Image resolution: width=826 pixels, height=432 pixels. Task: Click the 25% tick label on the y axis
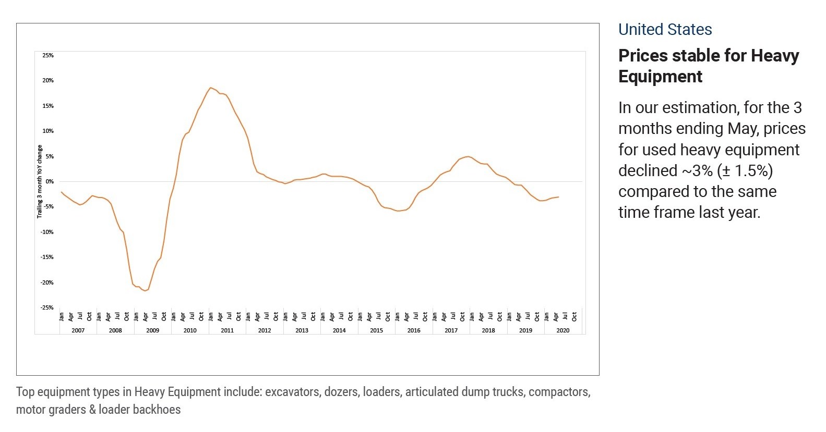[x=47, y=55]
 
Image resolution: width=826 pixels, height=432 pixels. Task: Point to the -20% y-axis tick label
[x=47, y=282]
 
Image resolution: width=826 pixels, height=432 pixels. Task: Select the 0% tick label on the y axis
[x=49, y=181]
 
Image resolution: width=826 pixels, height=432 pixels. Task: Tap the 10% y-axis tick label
[x=47, y=131]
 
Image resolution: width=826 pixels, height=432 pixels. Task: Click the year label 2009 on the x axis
[x=152, y=330]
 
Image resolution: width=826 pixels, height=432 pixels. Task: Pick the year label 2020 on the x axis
[x=562, y=330]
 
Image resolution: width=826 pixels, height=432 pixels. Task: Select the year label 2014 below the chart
[x=339, y=330]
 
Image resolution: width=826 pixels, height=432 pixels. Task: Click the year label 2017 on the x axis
[x=451, y=330]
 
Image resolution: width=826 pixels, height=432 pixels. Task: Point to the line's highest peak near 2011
[x=210, y=88]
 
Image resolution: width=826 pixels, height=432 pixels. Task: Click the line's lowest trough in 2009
[x=145, y=291]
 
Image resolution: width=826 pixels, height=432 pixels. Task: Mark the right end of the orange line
[x=558, y=197]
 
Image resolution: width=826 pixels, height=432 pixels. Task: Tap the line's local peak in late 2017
[x=468, y=156]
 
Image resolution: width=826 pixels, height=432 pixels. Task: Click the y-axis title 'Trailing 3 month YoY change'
[x=40, y=181]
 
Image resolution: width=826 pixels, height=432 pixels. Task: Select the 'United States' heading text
[x=665, y=30]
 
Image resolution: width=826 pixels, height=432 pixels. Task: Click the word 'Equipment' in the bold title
[x=660, y=77]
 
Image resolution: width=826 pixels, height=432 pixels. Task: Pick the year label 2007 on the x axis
[x=78, y=330]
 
